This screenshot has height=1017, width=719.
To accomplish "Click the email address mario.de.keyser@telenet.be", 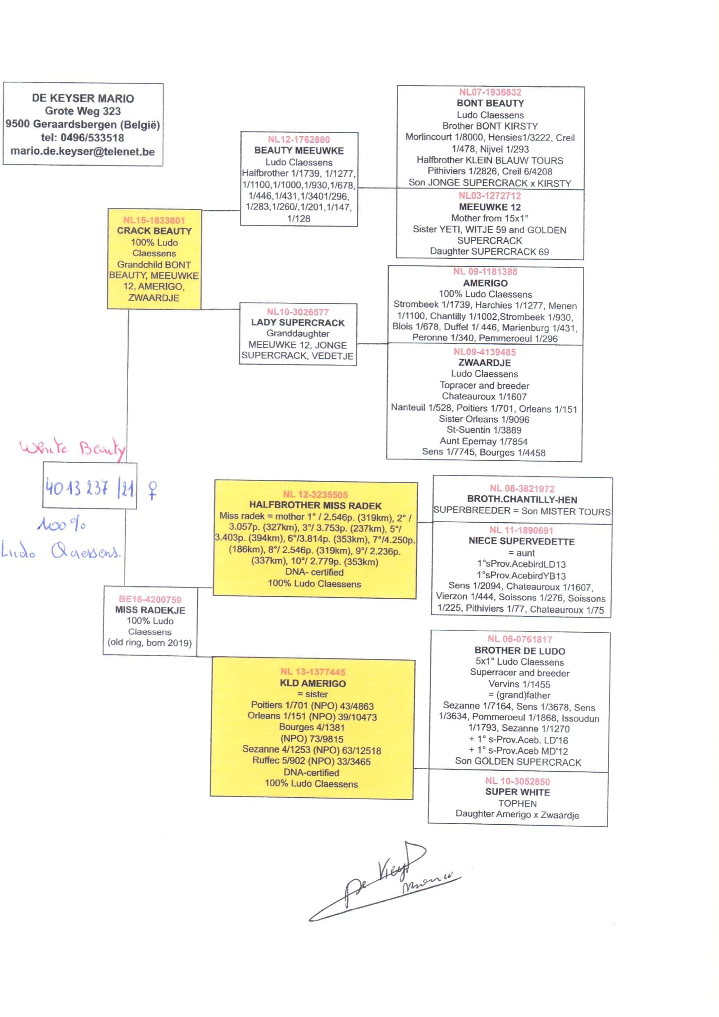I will tap(83, 151).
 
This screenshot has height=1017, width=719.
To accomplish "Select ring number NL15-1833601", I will tap(154, 220).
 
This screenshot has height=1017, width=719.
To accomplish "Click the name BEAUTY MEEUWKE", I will tap(299, 151).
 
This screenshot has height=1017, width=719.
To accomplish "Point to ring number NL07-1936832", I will tap(490, 92).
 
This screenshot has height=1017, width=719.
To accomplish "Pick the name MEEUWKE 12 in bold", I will tap(489, 207).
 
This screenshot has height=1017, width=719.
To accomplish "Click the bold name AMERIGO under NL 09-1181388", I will tap(485, 283).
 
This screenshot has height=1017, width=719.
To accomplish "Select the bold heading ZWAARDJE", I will tap(484, 363).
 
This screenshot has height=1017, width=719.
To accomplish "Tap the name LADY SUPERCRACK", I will tap(297, 322).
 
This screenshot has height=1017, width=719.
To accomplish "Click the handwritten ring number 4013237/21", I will tap(90, 488).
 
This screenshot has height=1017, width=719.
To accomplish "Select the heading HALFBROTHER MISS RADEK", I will tap(315, 506).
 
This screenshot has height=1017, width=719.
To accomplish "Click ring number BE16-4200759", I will tap(150, 600).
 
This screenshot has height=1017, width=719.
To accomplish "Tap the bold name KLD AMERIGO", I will tap(313, 683).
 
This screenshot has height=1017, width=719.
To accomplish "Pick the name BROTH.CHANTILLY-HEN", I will tap(522, 500).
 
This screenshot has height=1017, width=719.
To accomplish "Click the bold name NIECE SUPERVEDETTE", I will tap(522, 541).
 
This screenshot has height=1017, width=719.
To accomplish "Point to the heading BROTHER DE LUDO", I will tap(520, 651).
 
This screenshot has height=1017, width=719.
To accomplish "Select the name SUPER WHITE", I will tap(518, 792).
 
